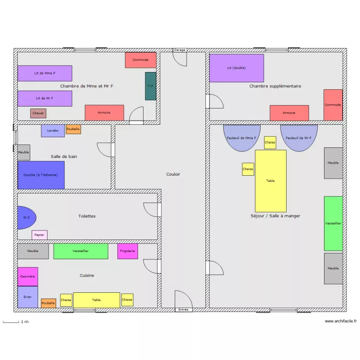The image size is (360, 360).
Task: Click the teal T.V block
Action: (x=151, y=86)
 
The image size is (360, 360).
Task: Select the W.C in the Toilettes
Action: (x=26, y=217)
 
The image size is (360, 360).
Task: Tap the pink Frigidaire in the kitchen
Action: (x=128, y=251)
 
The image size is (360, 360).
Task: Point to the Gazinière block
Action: (x=28, y=276)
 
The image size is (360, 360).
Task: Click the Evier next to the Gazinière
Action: (x=28, y=297)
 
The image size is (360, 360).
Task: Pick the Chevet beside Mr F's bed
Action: (x=38, y=113)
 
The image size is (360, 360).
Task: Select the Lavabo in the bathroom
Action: (x=53, y=131)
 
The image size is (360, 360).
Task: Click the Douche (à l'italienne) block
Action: (x=41, y=175)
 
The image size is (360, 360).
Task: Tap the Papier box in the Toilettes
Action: (x=39, y=235)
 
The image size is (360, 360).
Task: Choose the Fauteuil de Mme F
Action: (x=242, y=138)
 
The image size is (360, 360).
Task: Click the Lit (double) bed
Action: (x=237, y=68)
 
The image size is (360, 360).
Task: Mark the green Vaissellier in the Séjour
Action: (x=333, y=223)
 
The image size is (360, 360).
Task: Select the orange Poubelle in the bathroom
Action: (x=73, y=129)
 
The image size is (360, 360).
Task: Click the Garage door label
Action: (x=180, y=50)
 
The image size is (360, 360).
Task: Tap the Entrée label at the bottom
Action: (x=183, y=310)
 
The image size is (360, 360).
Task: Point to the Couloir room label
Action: (x=173, y=174)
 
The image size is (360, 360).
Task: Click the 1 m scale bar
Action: (x=11, y=323)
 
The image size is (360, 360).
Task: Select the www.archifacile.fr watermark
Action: (x=341, y=321)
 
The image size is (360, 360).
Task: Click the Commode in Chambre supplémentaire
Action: (x=333, y=105)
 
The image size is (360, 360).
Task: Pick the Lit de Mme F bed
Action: (x=45, y=73)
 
